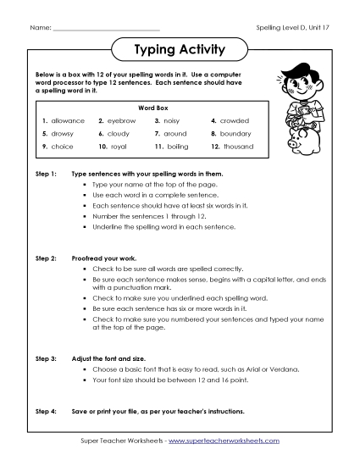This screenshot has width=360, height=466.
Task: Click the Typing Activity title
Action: point(180,50)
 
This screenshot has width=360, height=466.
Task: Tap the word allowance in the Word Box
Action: point(68,121)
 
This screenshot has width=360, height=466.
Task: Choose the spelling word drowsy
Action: point(63,134)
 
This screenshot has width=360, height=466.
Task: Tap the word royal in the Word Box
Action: point(119,147)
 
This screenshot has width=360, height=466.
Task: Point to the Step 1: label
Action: point(46,173)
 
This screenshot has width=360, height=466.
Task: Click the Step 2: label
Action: point(46,255)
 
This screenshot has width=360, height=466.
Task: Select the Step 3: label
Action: point(46,360)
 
